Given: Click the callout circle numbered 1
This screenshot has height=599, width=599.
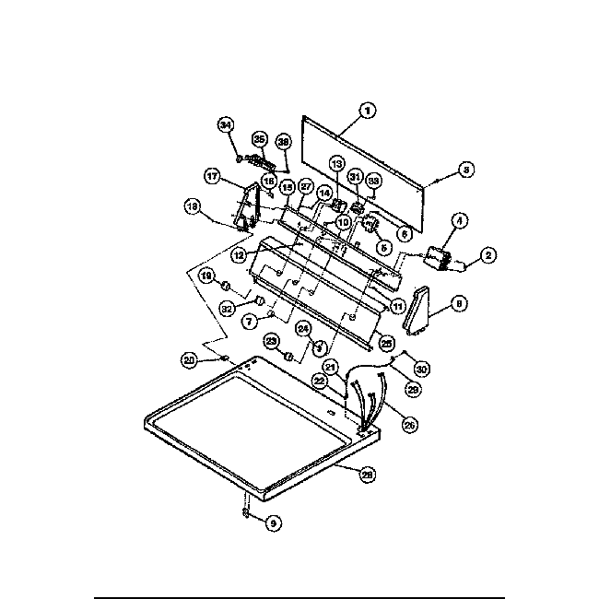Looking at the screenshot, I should point(367,112).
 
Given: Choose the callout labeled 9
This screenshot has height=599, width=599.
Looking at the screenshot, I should point(273,523).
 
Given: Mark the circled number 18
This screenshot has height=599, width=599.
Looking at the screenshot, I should point(194,208).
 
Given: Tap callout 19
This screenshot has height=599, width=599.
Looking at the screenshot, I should point(207,276).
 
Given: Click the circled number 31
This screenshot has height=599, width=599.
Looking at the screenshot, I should point(355,178).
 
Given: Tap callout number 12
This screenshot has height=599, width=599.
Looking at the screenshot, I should point(238,254).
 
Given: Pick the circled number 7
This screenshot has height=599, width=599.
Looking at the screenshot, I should point(249,322).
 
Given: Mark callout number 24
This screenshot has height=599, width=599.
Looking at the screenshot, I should point(303,328).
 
